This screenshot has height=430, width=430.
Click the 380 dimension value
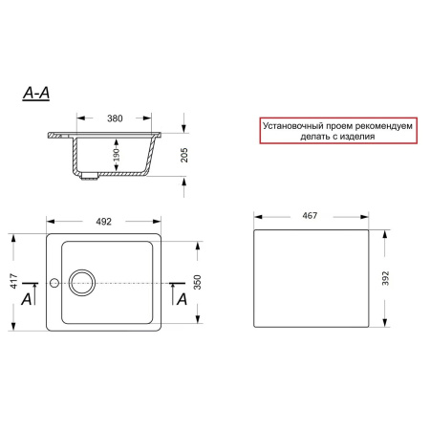point(115,118)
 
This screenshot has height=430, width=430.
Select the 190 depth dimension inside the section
point(117,155)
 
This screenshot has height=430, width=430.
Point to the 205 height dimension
point(184,155)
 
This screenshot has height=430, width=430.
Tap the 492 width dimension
point(104,222)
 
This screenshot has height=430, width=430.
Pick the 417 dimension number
point(13,281)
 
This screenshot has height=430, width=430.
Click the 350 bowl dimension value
point(198,282)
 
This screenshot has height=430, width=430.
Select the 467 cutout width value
point(310,216)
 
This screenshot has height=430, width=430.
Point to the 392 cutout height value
point(385,278)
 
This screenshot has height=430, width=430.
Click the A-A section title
point(36,94)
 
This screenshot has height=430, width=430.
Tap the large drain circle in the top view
point(82,270)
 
